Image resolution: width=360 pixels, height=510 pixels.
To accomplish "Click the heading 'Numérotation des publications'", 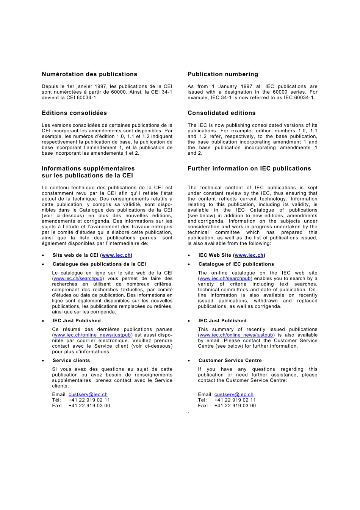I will pyautogui.click(x=89, y=74).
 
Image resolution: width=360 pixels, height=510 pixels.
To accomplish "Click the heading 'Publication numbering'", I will pyautogui.click(x=222, y=74).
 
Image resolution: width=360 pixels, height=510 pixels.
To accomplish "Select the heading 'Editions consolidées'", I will pyautogui.click(x=74, y=113).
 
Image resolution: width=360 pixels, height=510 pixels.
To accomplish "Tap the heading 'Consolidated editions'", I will pyautogui.click(x=221, y=113).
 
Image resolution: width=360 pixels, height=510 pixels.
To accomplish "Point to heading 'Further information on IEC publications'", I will pyautogui.click(x=249, y=169).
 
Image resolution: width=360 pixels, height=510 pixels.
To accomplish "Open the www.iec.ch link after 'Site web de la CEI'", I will pyautogui.click(x=116, y=255).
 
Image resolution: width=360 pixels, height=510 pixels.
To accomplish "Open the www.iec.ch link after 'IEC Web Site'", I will pyautogui.click(x=249, y=255).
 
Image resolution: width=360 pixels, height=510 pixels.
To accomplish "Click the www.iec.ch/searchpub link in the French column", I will pyautogui.click(x=78, y=279).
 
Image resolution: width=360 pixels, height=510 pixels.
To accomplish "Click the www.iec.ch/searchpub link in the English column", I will pyautogui.click(x=225, y=279).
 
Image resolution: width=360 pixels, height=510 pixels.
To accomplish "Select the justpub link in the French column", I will pyautogui.click(x=92, y=335).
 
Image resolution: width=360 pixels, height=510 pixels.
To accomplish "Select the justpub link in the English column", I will pyautogui.click(x=236, y=335).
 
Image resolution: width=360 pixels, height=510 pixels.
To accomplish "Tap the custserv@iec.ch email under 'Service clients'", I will pyautogui.click(x=88, y=395).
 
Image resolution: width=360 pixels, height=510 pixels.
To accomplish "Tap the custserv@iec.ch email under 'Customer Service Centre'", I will pyautogui.click(x=234, y=395).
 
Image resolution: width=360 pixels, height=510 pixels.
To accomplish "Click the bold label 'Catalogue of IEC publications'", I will pyautogui.click(x=236, y=264).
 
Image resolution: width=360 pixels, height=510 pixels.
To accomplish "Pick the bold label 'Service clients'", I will pyautogui.click(x=71, y=361).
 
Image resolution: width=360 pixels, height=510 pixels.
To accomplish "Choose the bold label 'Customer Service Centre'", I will pyautogui.click(x=230, y=361).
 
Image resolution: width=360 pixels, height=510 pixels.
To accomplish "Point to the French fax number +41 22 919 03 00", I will pyautogui.click(x=89, y=406).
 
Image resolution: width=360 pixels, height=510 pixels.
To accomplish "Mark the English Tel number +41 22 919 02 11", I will pyautogui.click(x=235, y=400).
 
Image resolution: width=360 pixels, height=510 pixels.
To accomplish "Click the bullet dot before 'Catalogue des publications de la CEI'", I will pyautogui.click(x=43, y=265).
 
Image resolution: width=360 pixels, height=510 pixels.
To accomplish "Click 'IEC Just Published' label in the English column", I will pyautogui.click(x=222, y=321).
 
